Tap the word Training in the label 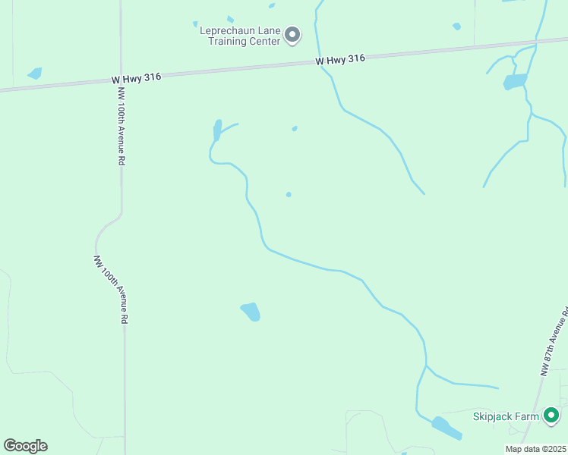point(228,41)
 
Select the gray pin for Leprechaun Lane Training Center point(292,35)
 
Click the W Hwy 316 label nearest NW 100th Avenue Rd point(136,78)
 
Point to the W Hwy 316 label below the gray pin point(341,59)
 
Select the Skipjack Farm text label point(506,416)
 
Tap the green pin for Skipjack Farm point(551,416)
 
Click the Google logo point(25,446)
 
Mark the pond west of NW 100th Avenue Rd point(34,74)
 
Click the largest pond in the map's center point(251,312)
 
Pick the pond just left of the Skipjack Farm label point(447,428)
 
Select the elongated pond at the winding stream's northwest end point(217,130)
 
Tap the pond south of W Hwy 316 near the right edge point(515,81)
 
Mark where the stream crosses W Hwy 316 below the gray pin point(320,63)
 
